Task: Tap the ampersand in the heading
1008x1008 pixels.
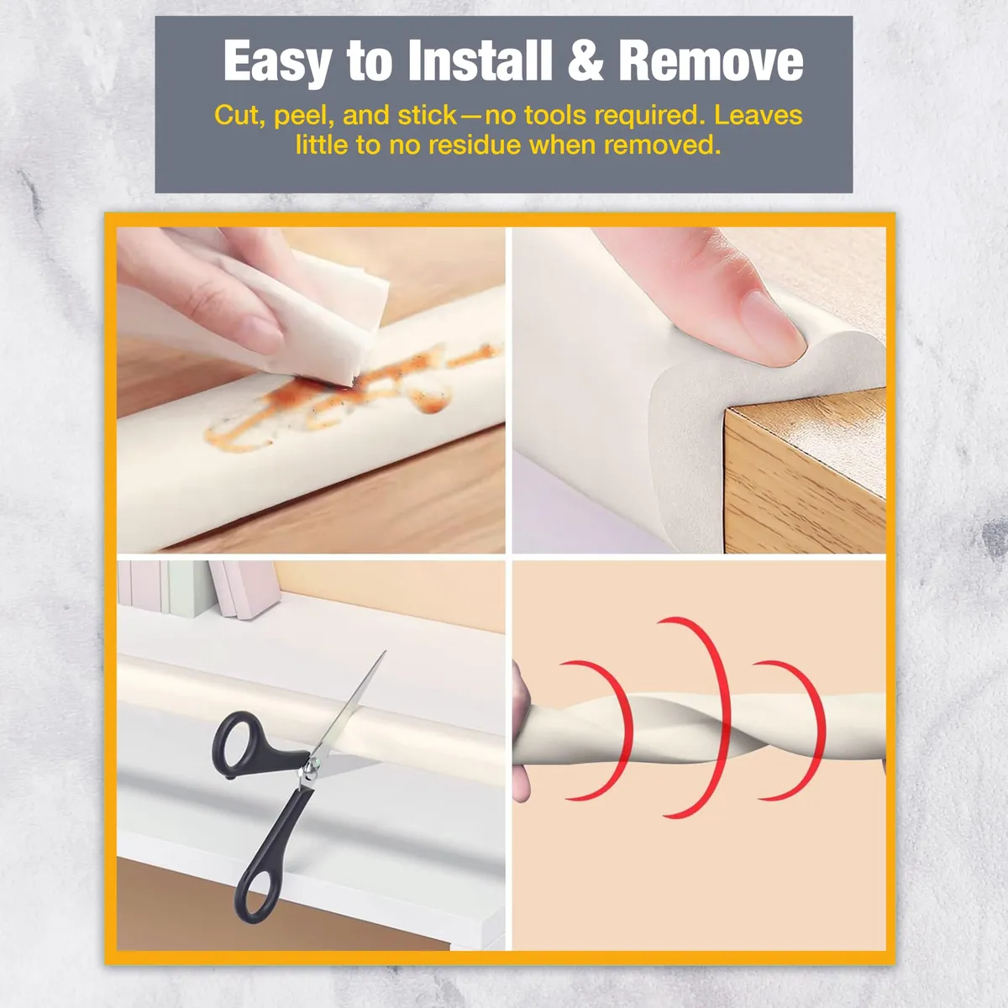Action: (585, 60)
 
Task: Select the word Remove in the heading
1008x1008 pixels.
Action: (711, 60)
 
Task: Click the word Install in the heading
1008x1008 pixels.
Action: (480, 60)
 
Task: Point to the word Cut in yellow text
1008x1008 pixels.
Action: (239, 116)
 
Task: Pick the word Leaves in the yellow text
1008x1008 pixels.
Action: (758, 115)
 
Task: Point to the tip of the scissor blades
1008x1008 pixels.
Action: (385, 651)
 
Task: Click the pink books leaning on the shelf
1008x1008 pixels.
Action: (244, 589)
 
